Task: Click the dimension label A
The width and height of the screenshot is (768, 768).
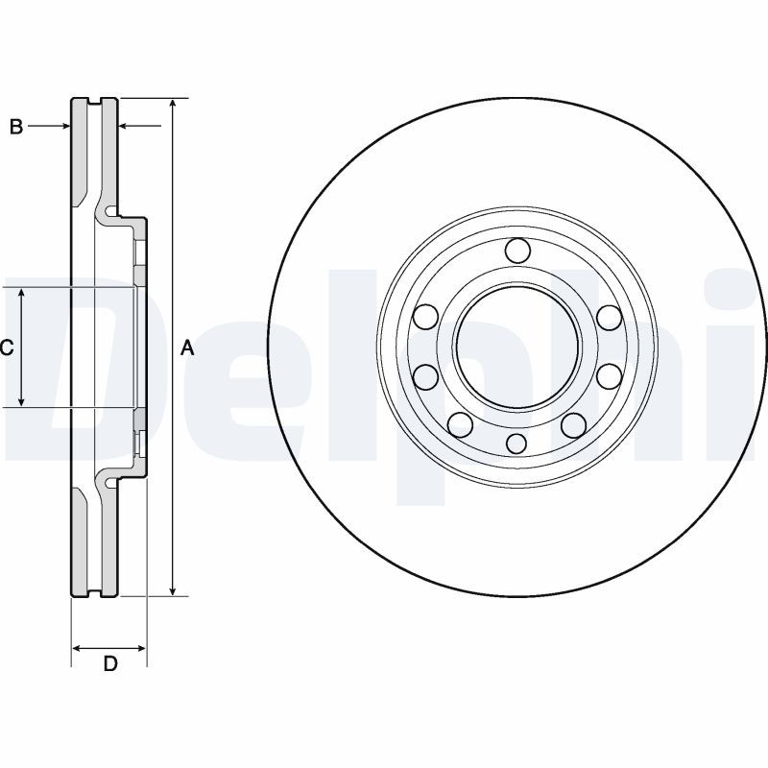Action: click(x=188, y=348)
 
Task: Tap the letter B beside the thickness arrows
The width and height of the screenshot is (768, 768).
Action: click(x=15, y=126)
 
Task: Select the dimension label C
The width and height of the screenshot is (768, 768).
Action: click(x=6, y=348)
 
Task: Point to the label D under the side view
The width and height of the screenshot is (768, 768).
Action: click(x=109, y=664)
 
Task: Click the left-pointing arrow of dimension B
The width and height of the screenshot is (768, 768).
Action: click(x=124, y=126)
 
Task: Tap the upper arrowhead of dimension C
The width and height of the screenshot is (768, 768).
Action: click(x=22, y=294)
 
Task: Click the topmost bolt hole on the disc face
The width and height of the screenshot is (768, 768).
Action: click(x=516, y=251)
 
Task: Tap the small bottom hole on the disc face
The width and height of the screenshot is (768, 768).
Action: click(x=516, y=443)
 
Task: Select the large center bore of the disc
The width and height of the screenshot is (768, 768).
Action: click(x=516, y=347)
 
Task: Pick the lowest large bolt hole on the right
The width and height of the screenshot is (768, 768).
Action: click(x=573, y=424)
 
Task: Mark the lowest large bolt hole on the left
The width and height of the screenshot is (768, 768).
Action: click(x=460, y=424)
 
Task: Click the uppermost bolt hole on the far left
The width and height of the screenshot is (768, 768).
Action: click(x=425, y=317)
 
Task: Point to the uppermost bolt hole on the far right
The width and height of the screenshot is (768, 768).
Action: click(x=608, y=317)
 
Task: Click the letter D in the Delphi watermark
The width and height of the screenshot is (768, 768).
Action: click(x=67, y=365)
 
